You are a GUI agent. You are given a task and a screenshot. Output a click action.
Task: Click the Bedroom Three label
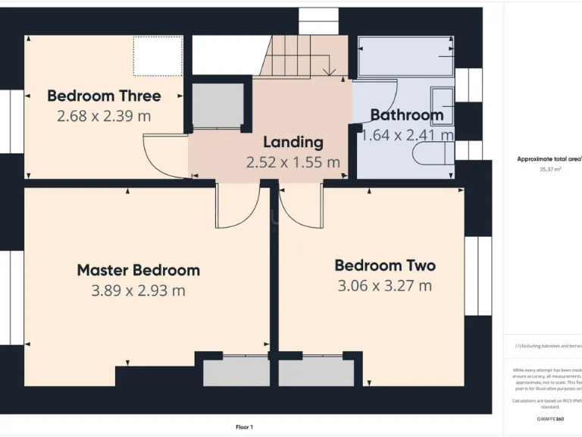click(x=104, y=96)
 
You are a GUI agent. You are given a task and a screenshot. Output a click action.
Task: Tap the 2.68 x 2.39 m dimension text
click(x=104, y=116)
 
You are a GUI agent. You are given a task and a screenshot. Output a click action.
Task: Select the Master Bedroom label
click(x=139, y=270)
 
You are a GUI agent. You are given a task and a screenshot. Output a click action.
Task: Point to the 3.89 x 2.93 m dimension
click(x=139, y=291)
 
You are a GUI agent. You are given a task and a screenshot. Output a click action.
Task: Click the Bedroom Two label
click(x=385, y=266)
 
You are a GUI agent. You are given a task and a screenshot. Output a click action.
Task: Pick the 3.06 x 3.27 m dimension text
click(x=385, y=286)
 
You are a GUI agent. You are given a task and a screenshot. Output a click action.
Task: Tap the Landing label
click(x=293, y=142)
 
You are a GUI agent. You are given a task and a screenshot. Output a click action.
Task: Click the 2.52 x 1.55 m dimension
click(x=293, y=162)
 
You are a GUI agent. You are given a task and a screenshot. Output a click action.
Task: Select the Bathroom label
click(x=406, y=115)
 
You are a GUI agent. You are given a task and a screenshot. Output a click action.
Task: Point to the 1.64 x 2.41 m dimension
click(x=408, y=136)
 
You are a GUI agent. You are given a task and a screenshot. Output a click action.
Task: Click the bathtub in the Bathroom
click(x=405, y=57)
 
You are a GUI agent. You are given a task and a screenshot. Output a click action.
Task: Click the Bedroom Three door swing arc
click(x=163, y=156)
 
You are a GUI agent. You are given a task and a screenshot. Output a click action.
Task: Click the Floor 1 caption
click(x=244, y=427)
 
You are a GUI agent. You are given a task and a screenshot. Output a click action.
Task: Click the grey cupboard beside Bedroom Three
click(x=216, y=105)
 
